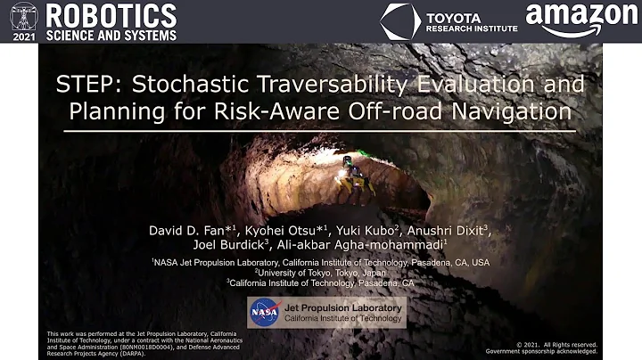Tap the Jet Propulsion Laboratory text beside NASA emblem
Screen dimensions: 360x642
(343, 307)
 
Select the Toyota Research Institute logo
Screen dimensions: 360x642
(449, 20)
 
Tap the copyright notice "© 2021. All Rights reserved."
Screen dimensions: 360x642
(557, 342)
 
